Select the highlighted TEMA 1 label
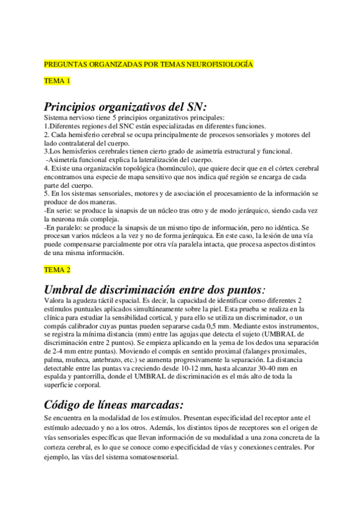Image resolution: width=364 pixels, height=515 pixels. click(58, 80)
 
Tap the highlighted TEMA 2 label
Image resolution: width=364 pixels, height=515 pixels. click(58, 268)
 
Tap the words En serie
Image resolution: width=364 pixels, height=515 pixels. click(60, 210)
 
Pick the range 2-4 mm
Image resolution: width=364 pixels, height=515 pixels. click(62, 351)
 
